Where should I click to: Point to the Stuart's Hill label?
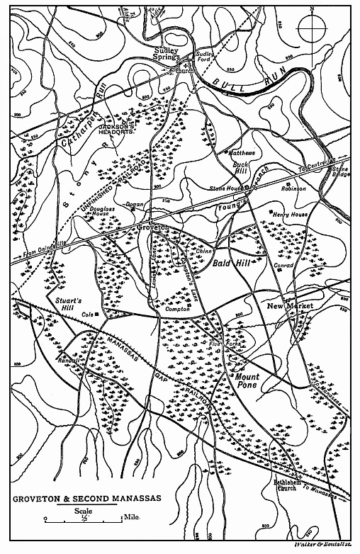click(69, 305)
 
